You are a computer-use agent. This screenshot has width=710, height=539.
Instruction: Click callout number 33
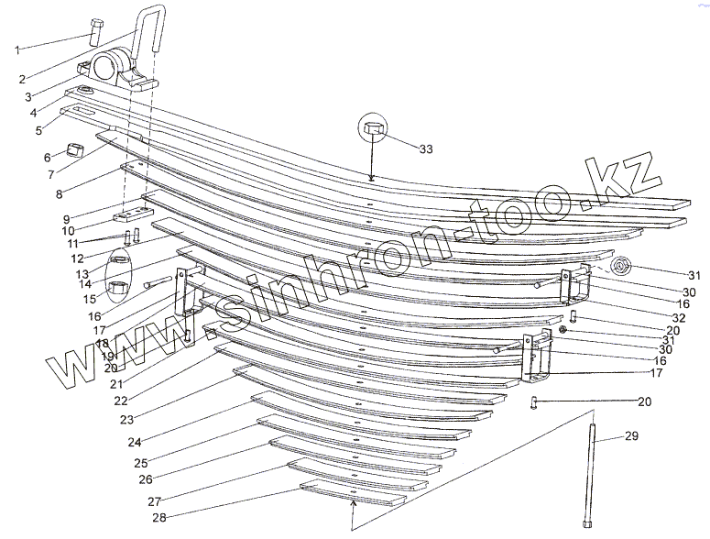click(x=425, y=148)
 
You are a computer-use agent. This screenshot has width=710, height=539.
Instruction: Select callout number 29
click(x=631, y=436)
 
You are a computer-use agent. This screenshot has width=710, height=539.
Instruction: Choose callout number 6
click(x=47, y=157)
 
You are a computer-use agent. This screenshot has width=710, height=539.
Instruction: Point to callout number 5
click(x=38, y=131)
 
